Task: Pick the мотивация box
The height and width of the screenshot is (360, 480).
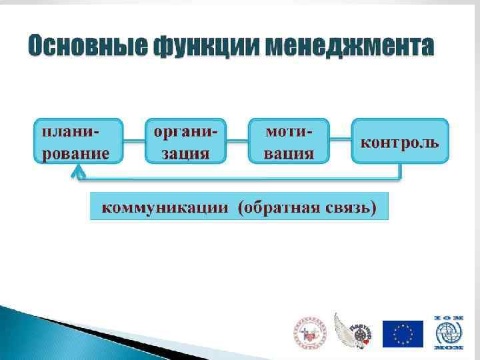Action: pyautogui.click(x=289, y=141)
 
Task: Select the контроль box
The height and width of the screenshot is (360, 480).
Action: pyautogui.click(x=399, y=141)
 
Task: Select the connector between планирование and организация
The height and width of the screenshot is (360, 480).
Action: pyautogui.click(x=134, y=141)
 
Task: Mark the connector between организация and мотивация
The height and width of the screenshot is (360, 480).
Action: pyautogui.click(x=237, y=141)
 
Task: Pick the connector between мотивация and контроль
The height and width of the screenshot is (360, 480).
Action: pyautogui.click(x=340, y=141)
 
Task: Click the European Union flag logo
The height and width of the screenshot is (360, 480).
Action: pyautogui.click(x=402, y=333)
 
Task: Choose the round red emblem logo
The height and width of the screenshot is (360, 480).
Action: pyautogui.click(x=308, y=333)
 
